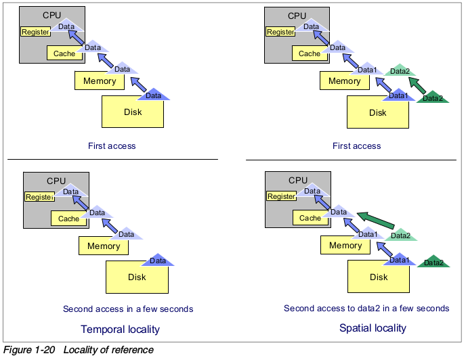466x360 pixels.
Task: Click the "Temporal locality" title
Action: click(121, 330)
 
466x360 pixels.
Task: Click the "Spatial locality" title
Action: click(373, 328)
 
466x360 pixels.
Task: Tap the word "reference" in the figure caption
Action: click(133, 350)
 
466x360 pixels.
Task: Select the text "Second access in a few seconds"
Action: click(128, 309)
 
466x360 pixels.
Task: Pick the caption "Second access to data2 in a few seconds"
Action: click(366, 309)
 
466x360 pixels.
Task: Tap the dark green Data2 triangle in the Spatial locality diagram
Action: click(433, 262)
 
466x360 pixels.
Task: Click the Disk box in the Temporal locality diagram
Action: click(137, 277)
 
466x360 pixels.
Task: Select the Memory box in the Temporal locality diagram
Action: click(103, 246)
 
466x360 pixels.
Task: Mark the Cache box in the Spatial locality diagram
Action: click(310, 218)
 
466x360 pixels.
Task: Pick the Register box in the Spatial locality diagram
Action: click(281, 197)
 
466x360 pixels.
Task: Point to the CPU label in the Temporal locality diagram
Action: click(56, 181)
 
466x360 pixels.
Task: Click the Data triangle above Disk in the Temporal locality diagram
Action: click(158, 260)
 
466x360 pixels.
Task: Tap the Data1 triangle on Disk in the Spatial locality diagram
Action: click(398, 259)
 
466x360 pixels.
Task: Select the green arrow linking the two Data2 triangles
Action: click(417, 86)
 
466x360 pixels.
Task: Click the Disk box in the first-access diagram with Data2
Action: click(377, 113)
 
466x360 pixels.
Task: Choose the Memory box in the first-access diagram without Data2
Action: click(100, 81)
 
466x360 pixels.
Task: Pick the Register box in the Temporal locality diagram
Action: click(39, 197)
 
